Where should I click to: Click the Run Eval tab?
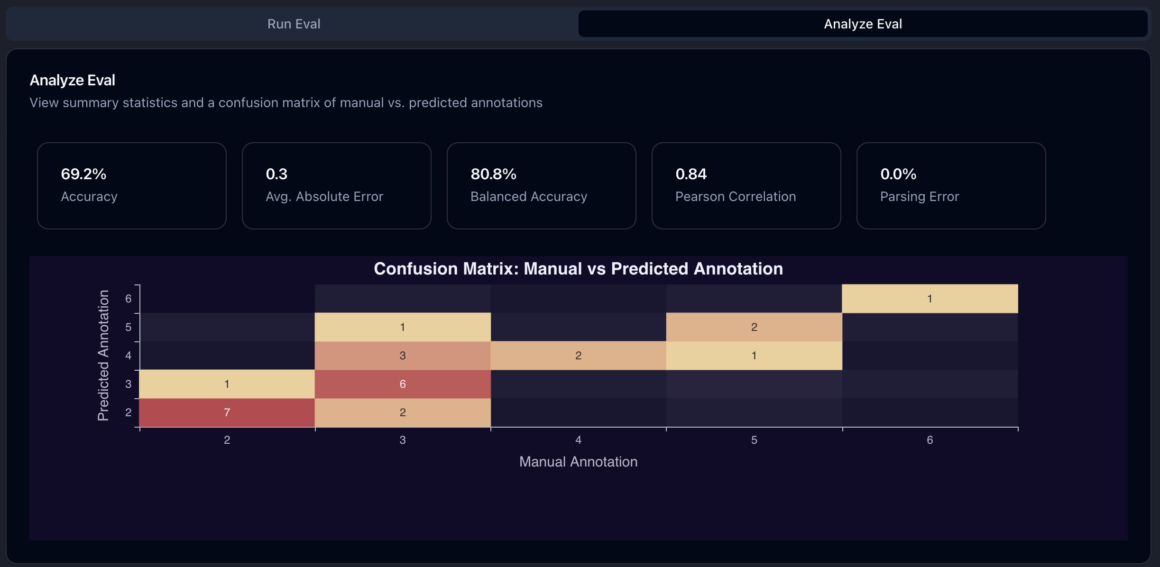pyautogui.click(x=294, y=24)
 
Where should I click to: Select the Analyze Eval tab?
pyautogui.click(x=862, y=24)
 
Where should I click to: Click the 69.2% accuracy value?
pyautogui.click(x=83, y=174)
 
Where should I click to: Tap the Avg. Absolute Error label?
pyautogui.click(x=324, y=196)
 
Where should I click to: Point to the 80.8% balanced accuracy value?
pyautogui.click(x=493, y=174)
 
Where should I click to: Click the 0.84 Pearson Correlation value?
pyautogui.click(x=691, y=174)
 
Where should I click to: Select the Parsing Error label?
pyautogui.click(x=919, y=196)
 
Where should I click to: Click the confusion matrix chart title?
pyautogui.click(x=578, y=269)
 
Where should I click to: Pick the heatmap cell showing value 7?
pyautogui.click(x=227, y=412)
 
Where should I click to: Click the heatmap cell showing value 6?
pyautogui.click(x=402, y=384)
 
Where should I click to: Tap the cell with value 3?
pyautogui.click(x=402, y=356)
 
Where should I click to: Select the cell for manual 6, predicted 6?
pyautogui.click(x=930, y=299)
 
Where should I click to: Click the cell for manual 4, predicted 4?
pyautogui.click(x=578, y=356)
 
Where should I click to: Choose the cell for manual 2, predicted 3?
pyautogui.click(x=227, y=384)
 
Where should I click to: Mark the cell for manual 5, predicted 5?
pyautogui.click(x=754, y=327)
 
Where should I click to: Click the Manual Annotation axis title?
pyautogui.click(x=578, y=462)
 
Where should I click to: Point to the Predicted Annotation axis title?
pyautogui.click(x=103, y=356)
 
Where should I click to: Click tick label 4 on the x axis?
pyautogui.click(x=578, y=440)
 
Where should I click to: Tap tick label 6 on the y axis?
pyautogui.click(x=128, y=299)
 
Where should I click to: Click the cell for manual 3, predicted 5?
pyautogui.click(x=402, y=327)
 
